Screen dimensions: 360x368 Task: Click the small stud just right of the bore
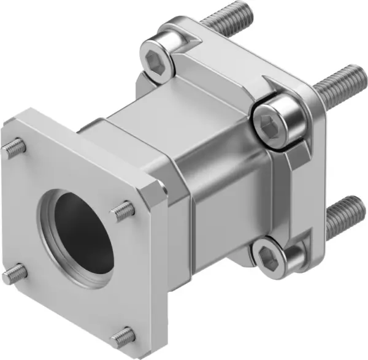(123, 212)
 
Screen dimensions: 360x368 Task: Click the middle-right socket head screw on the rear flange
(277, 123)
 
